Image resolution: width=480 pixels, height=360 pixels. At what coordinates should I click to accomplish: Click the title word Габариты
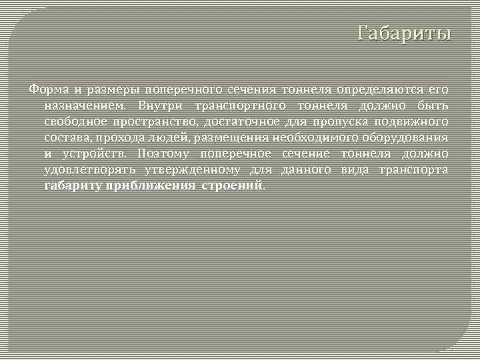tap(404, 33)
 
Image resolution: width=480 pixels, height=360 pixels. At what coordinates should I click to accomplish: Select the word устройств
tap(93, 154)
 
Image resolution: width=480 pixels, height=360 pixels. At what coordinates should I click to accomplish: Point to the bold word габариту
tap(73, 186)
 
